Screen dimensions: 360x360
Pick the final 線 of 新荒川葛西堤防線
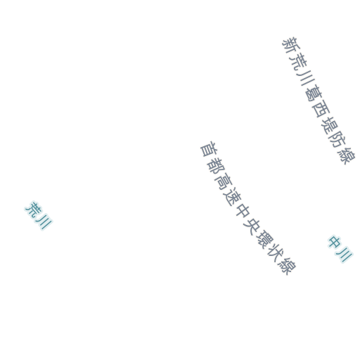(347, 155)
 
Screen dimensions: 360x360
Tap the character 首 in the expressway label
(208, 149)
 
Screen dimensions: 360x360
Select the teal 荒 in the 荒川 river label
(33, 209)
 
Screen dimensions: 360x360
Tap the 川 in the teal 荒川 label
(44, 222)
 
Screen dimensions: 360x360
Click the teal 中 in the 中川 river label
(335, 242)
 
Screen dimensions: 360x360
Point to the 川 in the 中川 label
(345, 256)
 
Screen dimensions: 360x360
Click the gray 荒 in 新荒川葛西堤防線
(297, 61)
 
